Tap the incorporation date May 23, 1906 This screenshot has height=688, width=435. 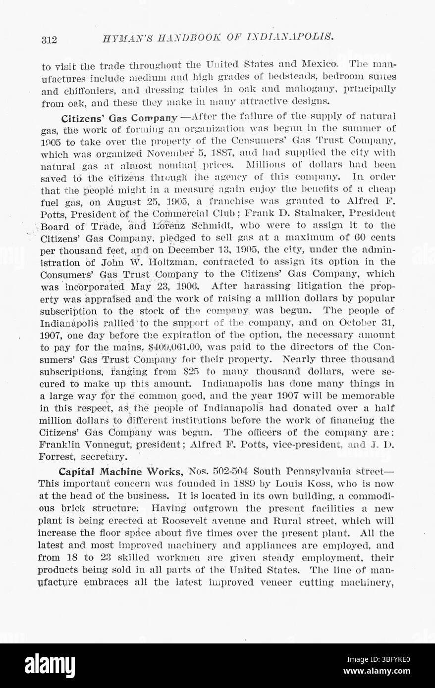coord(164,286)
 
